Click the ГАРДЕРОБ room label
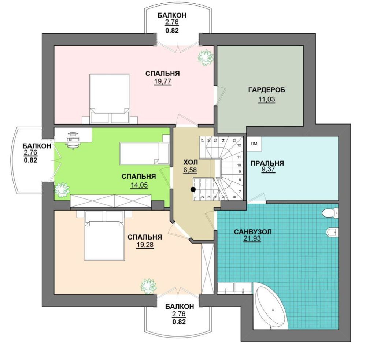pos(266,90)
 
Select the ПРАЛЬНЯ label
pos(267,163)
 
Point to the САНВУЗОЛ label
pos(253,232)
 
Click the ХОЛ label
pos(191,162)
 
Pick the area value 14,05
pos(139,185)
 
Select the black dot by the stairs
pos(193,189)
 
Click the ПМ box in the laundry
pos(254,144)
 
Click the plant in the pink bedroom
pos(206,57)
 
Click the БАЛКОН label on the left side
pos(37,146)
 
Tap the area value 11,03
pos(266,99)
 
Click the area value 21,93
pos(252,239)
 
